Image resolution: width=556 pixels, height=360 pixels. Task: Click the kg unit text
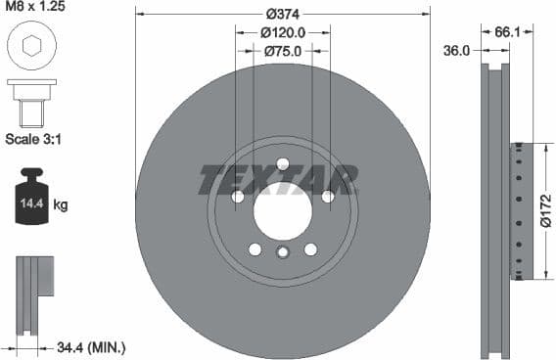pos(61,205)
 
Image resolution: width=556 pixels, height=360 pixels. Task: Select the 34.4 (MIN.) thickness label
pos(91,347)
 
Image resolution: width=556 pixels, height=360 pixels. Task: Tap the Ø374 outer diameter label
pos(282,14)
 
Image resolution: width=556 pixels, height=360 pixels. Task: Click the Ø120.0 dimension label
pos(283,32)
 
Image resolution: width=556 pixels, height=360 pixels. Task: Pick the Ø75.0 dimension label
pos(283,51)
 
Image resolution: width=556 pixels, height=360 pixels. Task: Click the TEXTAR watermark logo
pos(278,179)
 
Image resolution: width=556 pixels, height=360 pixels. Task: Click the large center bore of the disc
pos(282,208)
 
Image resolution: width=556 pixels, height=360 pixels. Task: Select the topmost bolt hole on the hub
pos(283,163)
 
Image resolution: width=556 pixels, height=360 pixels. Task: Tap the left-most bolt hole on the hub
pos(238,197)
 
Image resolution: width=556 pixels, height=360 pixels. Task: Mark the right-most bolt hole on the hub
pos(328,197)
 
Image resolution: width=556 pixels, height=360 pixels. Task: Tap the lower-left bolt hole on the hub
pos(255,249)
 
